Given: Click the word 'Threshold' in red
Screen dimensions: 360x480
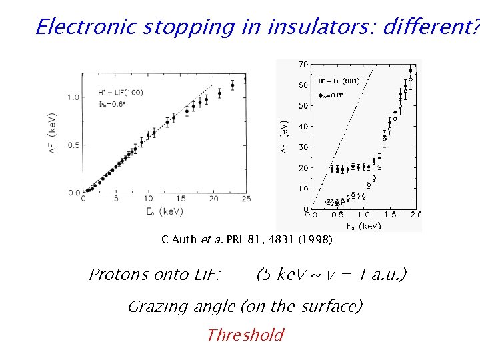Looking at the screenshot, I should pyautogui.click(x=245, y=335).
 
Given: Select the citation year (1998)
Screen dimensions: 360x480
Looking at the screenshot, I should pyautogui.click(x=317, y=239).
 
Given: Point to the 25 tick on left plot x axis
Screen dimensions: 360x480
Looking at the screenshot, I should pyautogui.click(x=245, y=199).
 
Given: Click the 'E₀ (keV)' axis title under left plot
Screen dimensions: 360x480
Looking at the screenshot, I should pyautogui.click(x=164, y=211).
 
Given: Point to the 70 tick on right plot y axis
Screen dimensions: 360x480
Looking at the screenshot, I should pyautogui.click(x=303, y=65).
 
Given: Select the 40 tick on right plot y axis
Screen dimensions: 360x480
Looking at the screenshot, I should pyautogui.click(x=303, y=126).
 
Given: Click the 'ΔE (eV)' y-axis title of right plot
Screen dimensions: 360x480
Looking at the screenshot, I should pyautogui.click(x=284, y=137).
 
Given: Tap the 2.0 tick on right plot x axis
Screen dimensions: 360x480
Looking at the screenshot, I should pyautogui.click(x=416, y=215).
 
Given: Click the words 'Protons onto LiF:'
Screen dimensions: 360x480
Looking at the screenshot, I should pyautogui.click(x=155, y=275).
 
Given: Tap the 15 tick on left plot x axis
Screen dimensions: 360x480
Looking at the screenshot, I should pyautogui.click(x=181, y=199).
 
